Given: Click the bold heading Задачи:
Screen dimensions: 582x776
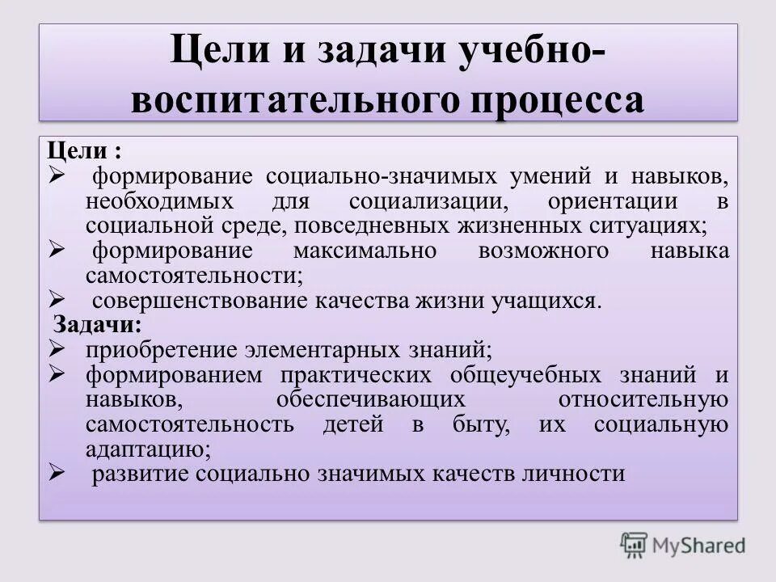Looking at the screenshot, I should coord(98,325).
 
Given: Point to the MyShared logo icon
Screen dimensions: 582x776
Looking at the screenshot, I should coord(635,544).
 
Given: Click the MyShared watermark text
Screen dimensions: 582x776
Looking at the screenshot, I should coord(700,546).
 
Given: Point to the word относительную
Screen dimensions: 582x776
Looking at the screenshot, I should coord(643,399).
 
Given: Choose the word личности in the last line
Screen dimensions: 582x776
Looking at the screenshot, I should coord(579,474).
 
